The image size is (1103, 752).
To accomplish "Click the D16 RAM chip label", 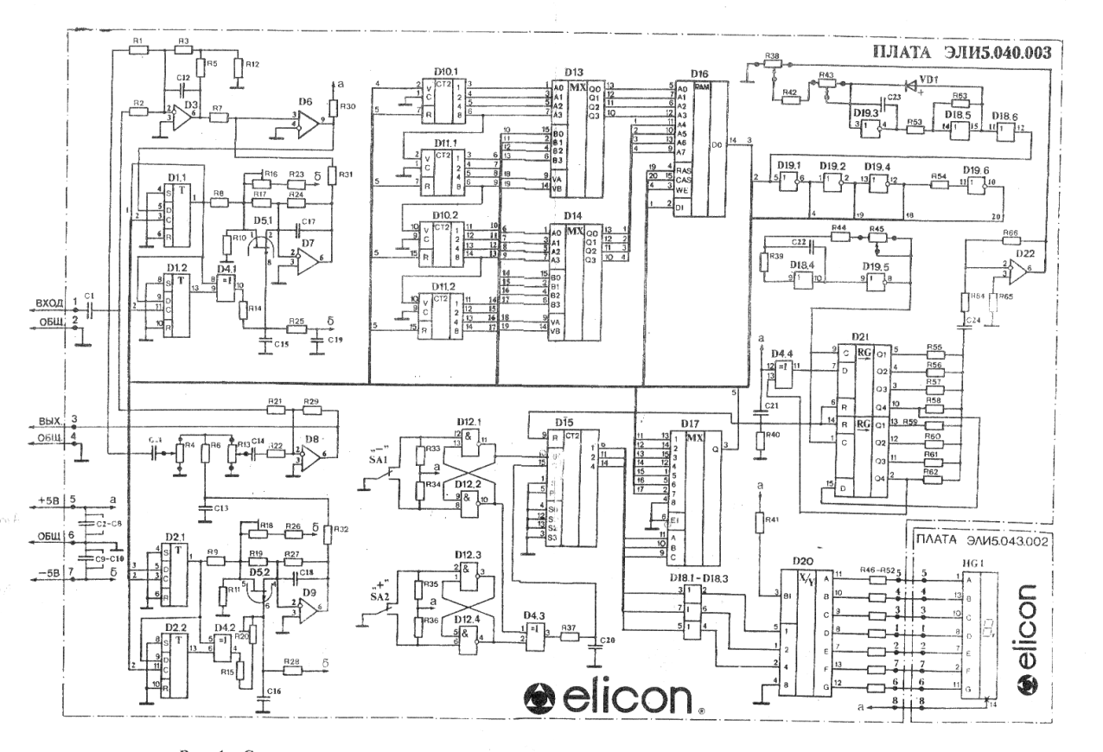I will [699, 74].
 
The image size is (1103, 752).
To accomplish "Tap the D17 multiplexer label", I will [690, 424].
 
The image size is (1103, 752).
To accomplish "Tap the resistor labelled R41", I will [758, 522].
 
